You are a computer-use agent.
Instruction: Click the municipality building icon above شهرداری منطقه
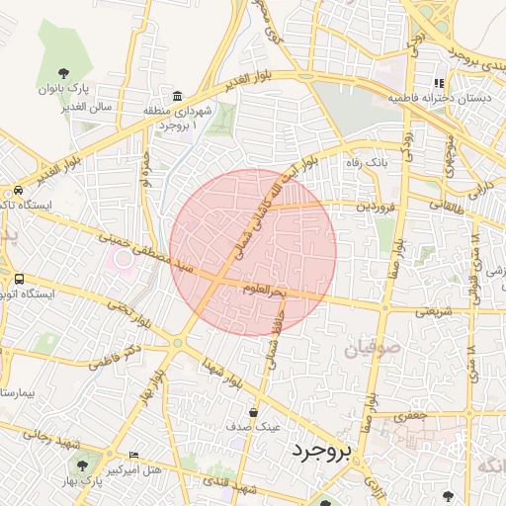tap(177, 96)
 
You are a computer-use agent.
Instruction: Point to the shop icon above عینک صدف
tap(254, 412)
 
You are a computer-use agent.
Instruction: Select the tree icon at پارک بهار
tap(82, 465)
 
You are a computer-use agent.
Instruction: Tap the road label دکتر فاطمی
tap(117, 357)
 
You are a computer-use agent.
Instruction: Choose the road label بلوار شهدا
tap(221, 373)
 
